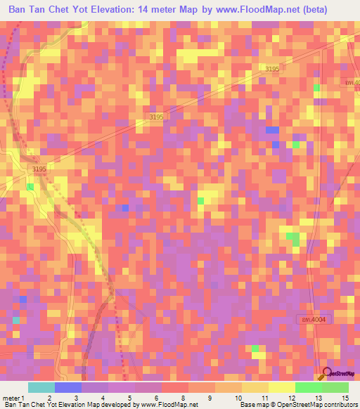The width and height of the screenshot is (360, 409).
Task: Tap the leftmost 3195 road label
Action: coord(39,169)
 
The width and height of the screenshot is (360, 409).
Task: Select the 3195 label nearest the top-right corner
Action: coord(272,68)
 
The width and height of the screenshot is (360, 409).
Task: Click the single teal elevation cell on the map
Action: coord(15,320)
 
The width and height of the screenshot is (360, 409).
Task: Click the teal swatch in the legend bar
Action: coord(41,387)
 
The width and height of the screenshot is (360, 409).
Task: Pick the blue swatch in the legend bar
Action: coord(68,387)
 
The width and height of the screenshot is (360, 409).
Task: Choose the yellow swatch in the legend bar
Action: coord(281,387)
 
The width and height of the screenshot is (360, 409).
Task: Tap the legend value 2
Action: coord(49,398)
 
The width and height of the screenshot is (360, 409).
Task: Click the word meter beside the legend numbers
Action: coord(11,398)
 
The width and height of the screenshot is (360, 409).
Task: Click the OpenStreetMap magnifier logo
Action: coord(326,373)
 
